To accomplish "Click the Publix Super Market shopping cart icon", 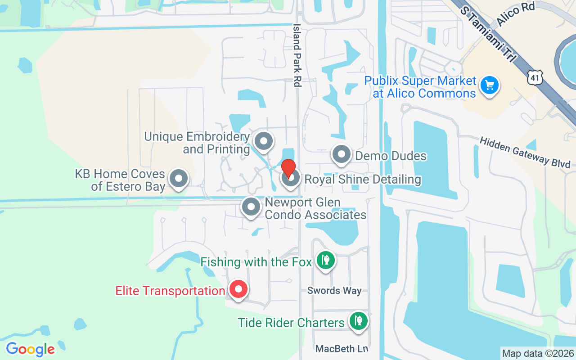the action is tap(489, 85).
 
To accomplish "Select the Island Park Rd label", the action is tap(297, 55).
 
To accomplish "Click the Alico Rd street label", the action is tap(515, 17).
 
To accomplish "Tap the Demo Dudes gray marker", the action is tap(342, 154).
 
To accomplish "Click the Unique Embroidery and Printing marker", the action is tap(264, 141).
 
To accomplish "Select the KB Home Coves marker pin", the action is tap(179, 179).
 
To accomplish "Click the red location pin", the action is tap(288, 168).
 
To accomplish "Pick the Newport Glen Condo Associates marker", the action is tap(251, 207).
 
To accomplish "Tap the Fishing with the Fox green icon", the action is tap(325, 260).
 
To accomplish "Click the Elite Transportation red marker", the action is tap(238, 289).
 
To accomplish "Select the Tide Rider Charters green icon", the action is tap(358, 321).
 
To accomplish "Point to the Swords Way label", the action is tap(334, 291).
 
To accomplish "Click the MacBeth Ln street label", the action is tap(342, 349).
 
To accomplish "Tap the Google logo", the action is tap(30, 349).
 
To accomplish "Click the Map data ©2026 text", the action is tap(538, 354).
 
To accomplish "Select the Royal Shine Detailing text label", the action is tap(363, 180).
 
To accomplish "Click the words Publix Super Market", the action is tap(420, 81).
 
